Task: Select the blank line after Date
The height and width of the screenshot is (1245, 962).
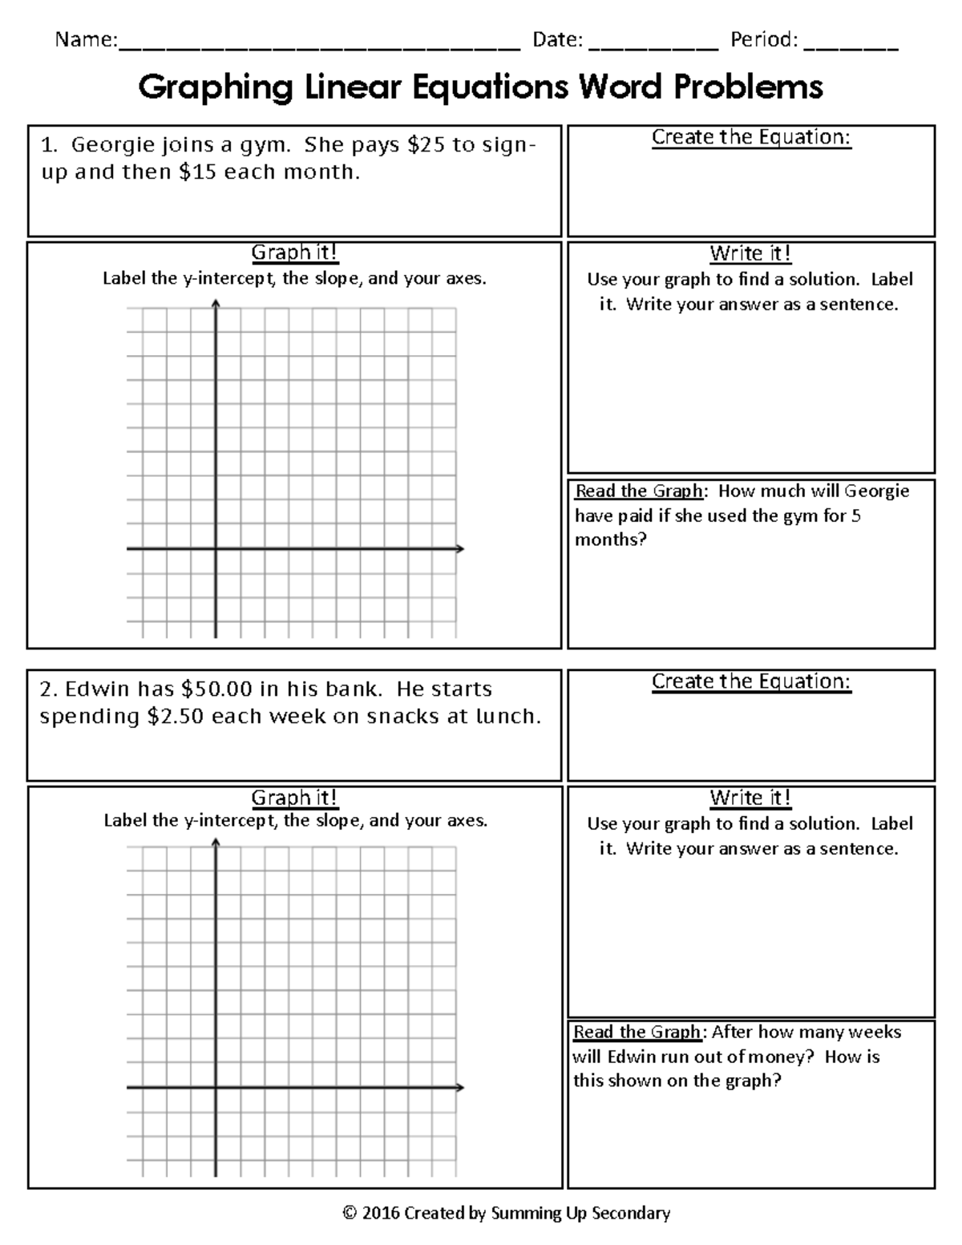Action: click(x=653, y=46)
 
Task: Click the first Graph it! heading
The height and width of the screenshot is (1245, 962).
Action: click(x=294, y=253)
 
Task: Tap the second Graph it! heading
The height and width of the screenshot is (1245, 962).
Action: click(x=294, y=798)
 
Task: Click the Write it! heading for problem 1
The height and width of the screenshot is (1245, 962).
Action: click(x=750, y=254)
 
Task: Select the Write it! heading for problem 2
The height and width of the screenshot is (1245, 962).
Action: click(x=750, y=798)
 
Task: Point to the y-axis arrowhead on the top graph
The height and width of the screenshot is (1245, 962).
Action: click(x=216, y=302)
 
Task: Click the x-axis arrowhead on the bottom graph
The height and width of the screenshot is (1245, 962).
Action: click(x=460, y=1088)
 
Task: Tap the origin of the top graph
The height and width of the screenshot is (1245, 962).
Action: click(x=216, y=549)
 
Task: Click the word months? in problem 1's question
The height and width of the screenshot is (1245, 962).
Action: click(x=610, y=540)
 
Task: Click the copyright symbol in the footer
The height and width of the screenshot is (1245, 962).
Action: click(x=349, y=1213)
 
